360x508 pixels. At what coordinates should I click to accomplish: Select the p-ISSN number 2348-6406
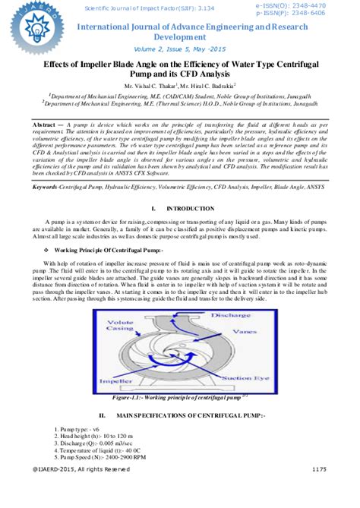312,14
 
